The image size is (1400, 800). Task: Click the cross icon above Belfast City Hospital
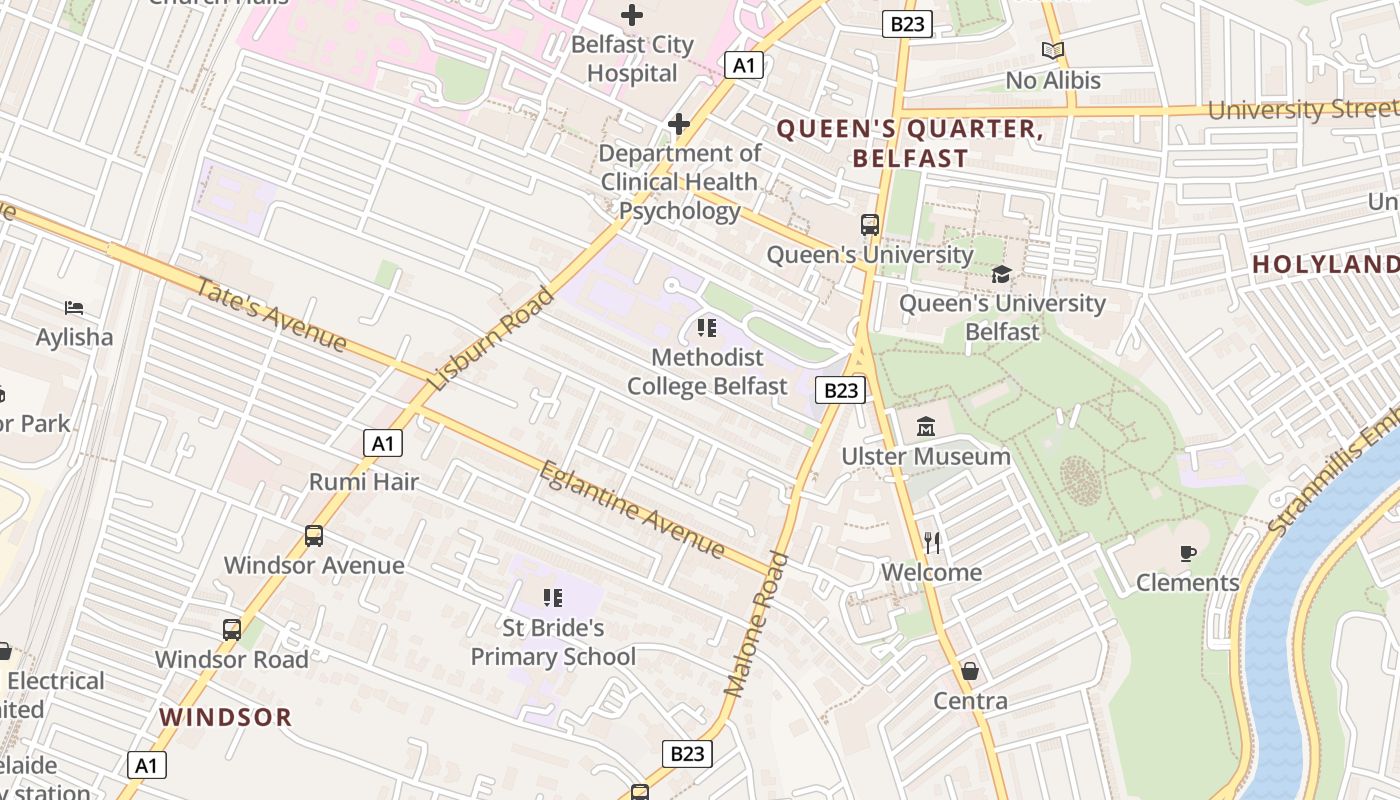632,15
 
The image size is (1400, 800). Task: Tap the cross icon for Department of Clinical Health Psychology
679,124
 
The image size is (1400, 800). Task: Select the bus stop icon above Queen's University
870,225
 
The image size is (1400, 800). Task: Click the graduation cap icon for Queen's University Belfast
1001,274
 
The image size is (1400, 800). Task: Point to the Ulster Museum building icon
926,427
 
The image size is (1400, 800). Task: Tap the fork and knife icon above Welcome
932,543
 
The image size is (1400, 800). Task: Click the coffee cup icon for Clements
1188,553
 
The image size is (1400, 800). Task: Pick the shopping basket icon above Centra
969,670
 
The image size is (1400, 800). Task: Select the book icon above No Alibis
1053,50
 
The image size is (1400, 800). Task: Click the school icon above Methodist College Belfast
707,327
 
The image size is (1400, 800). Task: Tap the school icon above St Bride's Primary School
553,598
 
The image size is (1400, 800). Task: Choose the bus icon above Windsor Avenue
314,536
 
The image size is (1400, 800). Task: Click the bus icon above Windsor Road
232,630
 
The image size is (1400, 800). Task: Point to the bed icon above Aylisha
74,307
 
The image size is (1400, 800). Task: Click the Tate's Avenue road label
271,315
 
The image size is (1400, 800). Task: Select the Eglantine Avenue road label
632,509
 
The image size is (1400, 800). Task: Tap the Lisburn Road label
491,338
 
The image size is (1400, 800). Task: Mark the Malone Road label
756,625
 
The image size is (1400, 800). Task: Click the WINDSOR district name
226,717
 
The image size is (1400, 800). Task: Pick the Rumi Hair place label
364,481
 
